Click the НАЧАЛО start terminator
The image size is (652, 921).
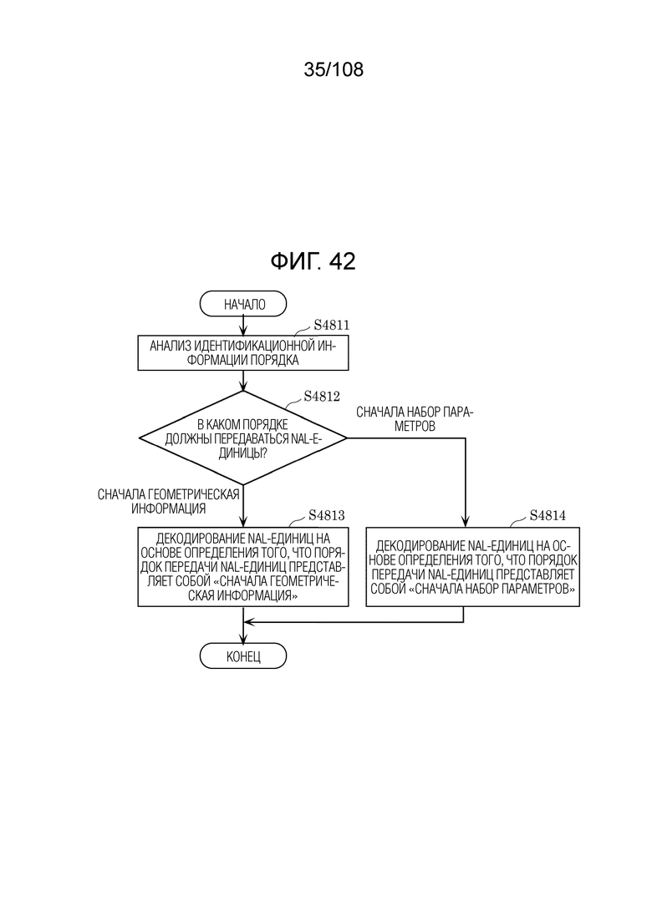242,304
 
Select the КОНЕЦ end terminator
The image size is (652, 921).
242,656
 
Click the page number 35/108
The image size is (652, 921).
334,69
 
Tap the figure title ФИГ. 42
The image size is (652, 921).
313,261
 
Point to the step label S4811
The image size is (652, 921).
332,325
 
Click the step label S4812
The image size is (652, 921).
322,397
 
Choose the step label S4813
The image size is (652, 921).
326,516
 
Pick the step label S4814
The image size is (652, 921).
548,516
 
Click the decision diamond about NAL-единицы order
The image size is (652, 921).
242,438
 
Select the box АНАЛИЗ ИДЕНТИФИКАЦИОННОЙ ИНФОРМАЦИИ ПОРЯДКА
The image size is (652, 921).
242,353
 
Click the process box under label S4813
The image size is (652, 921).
242,567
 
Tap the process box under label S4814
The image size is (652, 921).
472,567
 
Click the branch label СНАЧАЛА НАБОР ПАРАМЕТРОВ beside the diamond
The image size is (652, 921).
415,419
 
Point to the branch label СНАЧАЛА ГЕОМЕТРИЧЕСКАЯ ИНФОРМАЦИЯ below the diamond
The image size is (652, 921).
169,501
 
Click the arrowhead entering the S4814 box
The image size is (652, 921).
465,522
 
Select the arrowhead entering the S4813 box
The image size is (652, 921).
242,522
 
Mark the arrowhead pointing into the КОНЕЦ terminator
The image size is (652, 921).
242,639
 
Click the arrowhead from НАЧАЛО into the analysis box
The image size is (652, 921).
242,331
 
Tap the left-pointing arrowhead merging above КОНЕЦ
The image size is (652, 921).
249,622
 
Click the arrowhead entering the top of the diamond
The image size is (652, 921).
242,386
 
